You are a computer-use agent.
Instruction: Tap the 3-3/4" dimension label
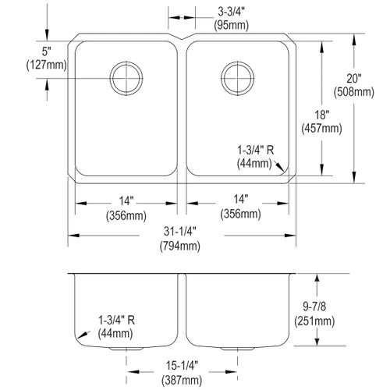pyautogui.click(x=232, y=12)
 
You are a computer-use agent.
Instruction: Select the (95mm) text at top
pyautogui.click(x=232, y=26)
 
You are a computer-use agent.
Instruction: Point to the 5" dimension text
pyautogui.click(x=46, y=51)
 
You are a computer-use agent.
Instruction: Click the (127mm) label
pyautogui.click(x=47, y=65)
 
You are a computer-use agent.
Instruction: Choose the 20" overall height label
pyautogui.click(x=354, y=79)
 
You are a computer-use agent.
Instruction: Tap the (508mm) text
pyautogui.click(x=354, y=92)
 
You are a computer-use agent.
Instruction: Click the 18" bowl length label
pyautogui.click(x=322, y=115)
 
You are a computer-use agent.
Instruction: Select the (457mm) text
pyautogui.click(x=322, y=129)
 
